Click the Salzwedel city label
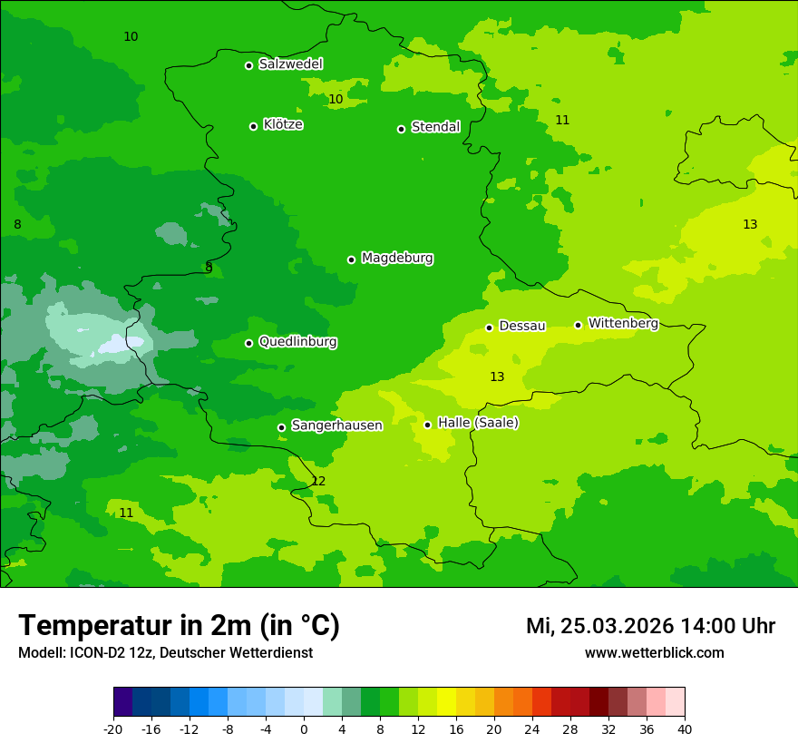pos(290,64)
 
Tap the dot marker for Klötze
pos(253,126)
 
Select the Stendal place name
pos(435,127)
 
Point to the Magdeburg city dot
pos(351,259)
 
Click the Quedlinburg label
pos(297,342)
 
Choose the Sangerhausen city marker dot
pos(281,427)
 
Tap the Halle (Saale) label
pos(478,423)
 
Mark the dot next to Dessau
pos(489,328)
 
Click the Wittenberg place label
pos(623,323)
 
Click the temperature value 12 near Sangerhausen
pos(318,481)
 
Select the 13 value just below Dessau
pos(497,376)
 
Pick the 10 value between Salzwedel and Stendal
pos(336,99)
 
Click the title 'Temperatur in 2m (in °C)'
pos(179,626)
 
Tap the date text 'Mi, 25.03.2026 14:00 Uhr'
pos(650,626)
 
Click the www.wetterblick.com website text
pos(654,653)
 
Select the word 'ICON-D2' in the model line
pos(97,653)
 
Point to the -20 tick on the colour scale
pos(113,729)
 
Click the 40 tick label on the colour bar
pos(685,729)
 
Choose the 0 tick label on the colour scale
pos(304,729)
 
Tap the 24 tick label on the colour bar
pos(532,729)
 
